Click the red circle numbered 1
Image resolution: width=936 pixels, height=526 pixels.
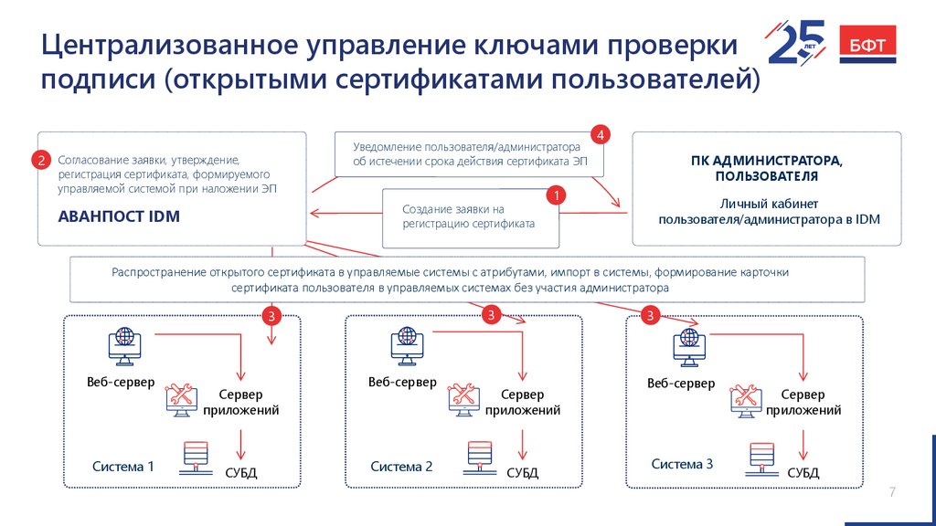tap(555, 195)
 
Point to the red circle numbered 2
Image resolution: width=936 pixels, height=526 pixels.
tap(41, 161)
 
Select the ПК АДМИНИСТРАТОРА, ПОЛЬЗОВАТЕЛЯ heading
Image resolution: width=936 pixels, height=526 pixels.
tap(767, 168)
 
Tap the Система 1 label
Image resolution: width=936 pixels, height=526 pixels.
tap(123, 467)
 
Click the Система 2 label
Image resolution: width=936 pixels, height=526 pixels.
tap(402, 467)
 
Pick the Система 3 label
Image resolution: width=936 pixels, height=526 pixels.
tap(682, 464)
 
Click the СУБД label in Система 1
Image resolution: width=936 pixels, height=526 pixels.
tap(241, 473)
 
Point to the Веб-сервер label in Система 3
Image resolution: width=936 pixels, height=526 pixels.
tap(681, 384)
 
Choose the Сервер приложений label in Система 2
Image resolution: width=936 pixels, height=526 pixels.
tap(522, 403)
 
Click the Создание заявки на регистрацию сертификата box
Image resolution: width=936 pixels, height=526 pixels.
tap(470, 217)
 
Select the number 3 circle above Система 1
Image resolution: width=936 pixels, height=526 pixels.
tap(271, 316)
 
